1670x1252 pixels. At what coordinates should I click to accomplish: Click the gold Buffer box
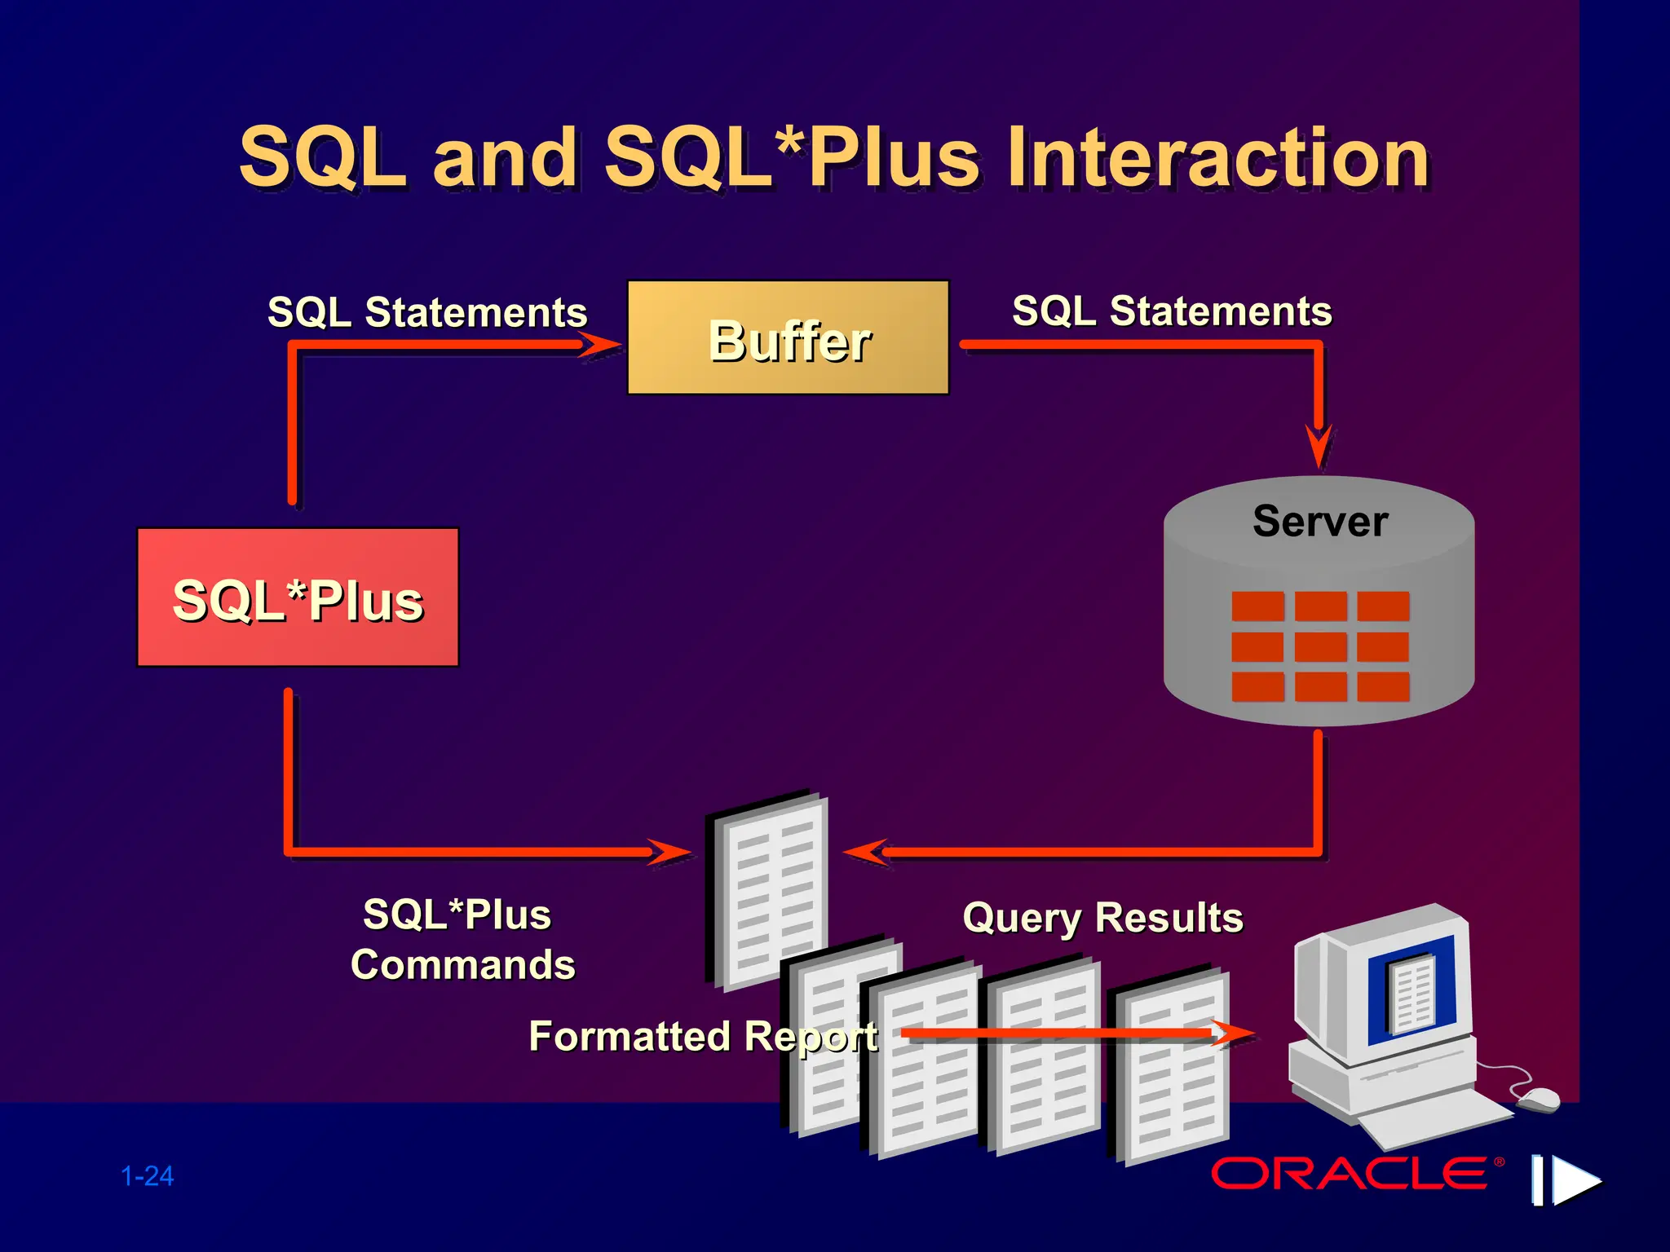(x=788, y=337)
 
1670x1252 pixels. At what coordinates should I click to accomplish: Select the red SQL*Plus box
(x=298, y=597)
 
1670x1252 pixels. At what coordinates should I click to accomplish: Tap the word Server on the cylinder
(x=1319, y=522)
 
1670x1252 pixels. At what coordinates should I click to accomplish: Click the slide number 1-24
(x=148, y=1176)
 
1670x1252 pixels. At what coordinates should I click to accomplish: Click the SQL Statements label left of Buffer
(x=427, y=312)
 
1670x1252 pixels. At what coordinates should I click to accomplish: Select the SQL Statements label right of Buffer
(x=1172, y=311)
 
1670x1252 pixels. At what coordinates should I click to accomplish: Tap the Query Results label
(x=1102, y=918)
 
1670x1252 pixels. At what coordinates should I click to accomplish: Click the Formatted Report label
(x=703, y=1037)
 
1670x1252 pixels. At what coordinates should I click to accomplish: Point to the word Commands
(x=462, y=965)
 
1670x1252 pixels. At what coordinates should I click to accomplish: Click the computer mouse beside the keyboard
(x=1538, y=1100)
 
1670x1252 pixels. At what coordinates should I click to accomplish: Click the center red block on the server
(x=1320, y=646)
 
